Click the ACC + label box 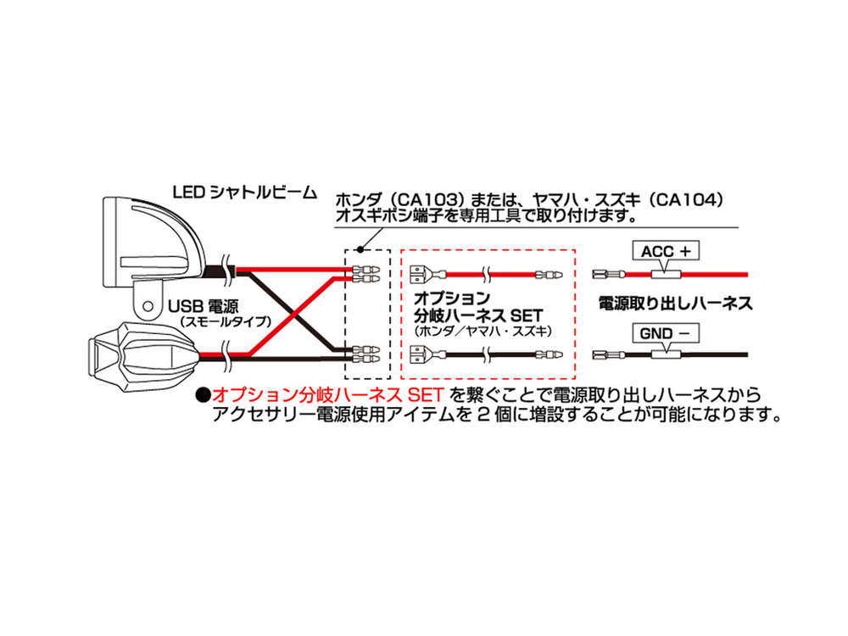click(666, 251)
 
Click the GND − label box click(666, 333)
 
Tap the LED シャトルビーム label click(244, 192)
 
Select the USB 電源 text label click(204, 307)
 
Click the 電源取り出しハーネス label click(676, 303)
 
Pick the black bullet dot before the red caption click(204, 395)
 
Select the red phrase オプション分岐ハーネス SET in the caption click(327, 395)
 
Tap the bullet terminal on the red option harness click(549, 274)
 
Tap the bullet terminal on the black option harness click(549, 354)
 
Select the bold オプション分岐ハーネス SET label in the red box click(478, 307)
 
